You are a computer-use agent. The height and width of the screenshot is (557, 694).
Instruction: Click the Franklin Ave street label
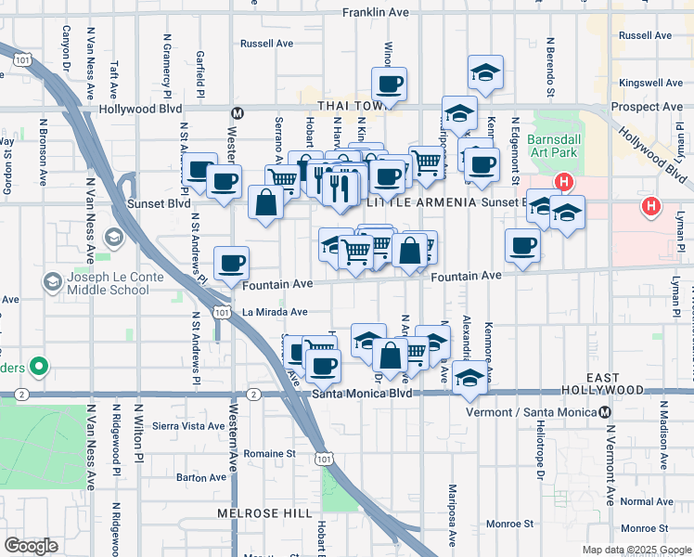(x=375, y=13)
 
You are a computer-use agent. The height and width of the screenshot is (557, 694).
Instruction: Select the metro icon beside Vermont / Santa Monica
(x=605, y=411)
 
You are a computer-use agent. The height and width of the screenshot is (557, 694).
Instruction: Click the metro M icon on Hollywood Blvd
(x=237, y=113)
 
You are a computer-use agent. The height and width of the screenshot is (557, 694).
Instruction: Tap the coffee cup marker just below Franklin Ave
(x=389, y=84)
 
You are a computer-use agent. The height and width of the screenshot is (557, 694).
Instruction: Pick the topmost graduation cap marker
(x=485, y=71)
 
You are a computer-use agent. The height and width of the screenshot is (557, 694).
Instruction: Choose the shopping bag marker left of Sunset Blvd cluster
(x=265, y=202)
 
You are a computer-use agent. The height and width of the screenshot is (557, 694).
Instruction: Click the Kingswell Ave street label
(x=650, y=83)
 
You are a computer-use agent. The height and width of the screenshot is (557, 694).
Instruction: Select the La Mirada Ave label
(x=275, y=313)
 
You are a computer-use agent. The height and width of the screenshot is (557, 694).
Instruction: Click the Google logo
(x=31, y=546)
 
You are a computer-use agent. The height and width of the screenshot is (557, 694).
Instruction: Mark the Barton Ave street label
(x=201, y=477)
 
